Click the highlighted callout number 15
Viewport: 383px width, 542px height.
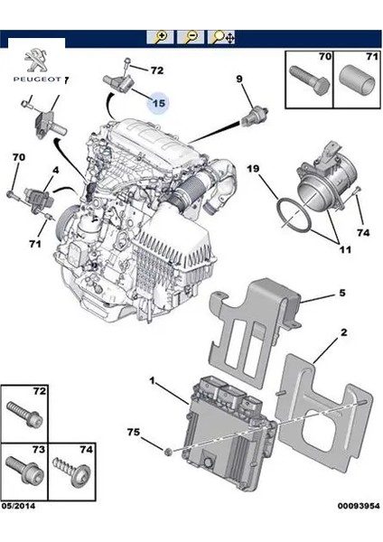pyautogui.click(x=158, y=103)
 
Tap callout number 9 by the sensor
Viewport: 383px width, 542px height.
pyautogui.click(x=240, y=80)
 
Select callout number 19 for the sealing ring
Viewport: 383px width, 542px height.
pyautogui.click(x=254, y=168)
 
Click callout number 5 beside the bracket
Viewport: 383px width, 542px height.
pyautogui.click(x=342, y=294)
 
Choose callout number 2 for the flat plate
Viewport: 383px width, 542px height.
pyautogui.click(x=343, y=332)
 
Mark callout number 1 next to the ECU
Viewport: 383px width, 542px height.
pyautogui.click(x=153, y=382)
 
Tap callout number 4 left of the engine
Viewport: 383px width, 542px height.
pyautogui.click(x=55, y=170)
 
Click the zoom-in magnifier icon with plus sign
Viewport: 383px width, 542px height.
pyautogui.click(x=161, y=37)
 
